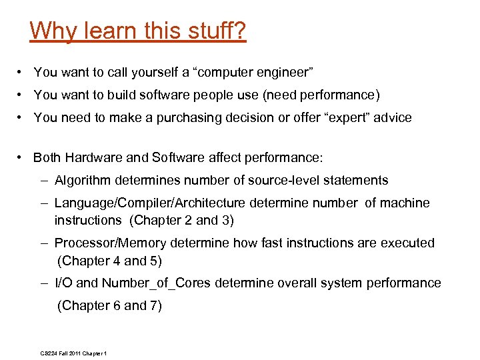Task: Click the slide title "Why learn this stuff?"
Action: (138, 31)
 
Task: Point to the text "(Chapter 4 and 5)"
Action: (110, 261)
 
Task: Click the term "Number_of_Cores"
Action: (156, 283)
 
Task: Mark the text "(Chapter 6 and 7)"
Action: (110, 306)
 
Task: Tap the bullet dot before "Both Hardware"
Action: (22, 158)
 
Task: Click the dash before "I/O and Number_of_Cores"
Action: (45, 283)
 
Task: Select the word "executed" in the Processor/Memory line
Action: (408, 243)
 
